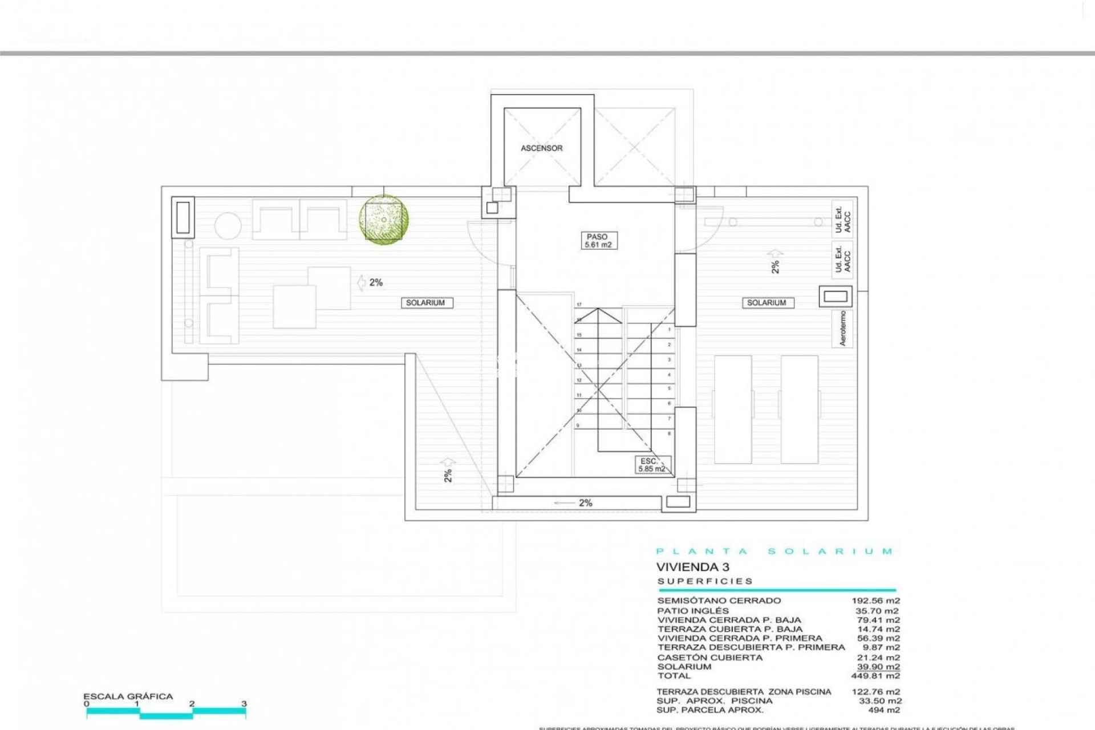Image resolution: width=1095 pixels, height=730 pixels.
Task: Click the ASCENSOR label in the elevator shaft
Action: pos(541,148)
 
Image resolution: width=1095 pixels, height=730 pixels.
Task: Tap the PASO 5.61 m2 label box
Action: pos(597,241)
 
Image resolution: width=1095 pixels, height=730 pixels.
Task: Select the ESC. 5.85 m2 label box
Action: pos(652,465)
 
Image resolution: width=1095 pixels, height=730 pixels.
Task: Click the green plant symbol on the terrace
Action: pos(384,220)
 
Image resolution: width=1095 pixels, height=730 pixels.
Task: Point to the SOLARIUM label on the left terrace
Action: pos(426,303)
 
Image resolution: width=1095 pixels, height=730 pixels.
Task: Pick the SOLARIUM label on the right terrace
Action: pos(767,303)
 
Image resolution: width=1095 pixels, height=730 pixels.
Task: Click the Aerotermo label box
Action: pos(842,328)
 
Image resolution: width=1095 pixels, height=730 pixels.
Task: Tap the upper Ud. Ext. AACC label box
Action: pos(842,217)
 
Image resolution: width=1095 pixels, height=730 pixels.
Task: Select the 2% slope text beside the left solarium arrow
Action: pos(376,282)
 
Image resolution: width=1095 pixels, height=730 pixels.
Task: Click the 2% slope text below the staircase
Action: pos(586,503)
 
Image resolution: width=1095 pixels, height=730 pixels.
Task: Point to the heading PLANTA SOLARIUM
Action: pos(774,551)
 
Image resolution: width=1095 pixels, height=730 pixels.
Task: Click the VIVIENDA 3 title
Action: pos(692,567)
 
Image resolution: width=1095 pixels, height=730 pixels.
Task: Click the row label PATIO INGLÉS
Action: pos(693,611)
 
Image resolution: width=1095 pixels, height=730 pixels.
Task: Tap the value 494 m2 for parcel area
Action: pos(883,710)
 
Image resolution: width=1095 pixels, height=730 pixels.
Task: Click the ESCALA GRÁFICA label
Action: pos(128,696)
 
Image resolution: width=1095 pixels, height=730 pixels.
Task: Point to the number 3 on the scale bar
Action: pos(244,704)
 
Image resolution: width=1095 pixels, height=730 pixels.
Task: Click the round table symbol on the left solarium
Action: pos(228,226)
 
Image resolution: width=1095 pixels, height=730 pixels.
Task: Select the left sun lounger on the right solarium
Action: pos(733,409)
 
